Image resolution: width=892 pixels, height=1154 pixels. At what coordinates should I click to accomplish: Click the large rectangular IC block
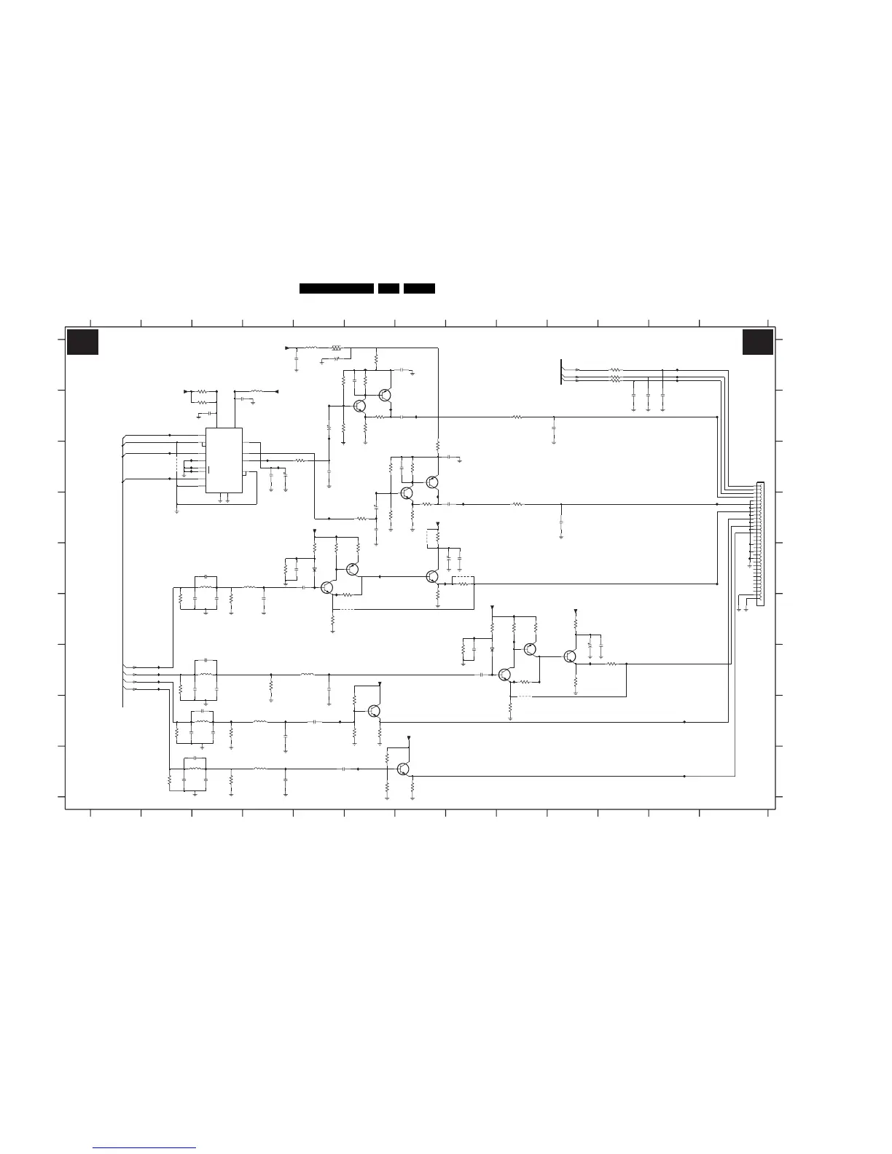pyautogui.click(x=224, y=460)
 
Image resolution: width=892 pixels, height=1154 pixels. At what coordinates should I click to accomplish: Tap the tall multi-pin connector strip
pyautogui.click(x=760, y=543)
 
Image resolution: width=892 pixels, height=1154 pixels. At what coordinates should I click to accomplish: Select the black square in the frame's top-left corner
pyautogui.click(x=82, y=342)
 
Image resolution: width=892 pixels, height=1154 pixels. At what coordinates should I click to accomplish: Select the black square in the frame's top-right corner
pyautogui.click(x=758, y=342)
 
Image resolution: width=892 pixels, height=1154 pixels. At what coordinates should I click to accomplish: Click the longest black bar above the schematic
pyautogui.click(x=337, y=288)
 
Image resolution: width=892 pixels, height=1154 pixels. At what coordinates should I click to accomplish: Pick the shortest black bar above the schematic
pyautogui.click(x=388, y=288)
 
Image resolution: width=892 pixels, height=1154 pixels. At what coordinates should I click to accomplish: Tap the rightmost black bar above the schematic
pyautogui.click(x=420, y=288)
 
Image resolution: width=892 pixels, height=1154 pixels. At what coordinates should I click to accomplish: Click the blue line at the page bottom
pyautogui.click(x=145, y=1147)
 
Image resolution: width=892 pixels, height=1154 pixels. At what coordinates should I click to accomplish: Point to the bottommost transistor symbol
pyautogui.click(x=403, y=769)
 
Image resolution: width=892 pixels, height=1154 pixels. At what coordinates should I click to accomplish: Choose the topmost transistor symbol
pyautogui.click(x=385, y=395)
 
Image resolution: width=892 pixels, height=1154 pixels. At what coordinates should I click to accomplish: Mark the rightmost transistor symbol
pyautogui.click(x=569, y=656)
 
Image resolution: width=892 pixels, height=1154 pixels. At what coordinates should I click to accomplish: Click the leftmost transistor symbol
pyautogui.click(x=327, y=587)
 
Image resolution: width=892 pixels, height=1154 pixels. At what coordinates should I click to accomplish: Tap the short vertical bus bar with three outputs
pyautogui.click(x=562, y=372)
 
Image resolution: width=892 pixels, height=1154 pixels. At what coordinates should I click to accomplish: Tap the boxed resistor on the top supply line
pyautogui.click(x=336, y=348)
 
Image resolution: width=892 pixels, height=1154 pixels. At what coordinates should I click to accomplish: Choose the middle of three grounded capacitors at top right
pyautogui.click(x=648, y=394)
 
